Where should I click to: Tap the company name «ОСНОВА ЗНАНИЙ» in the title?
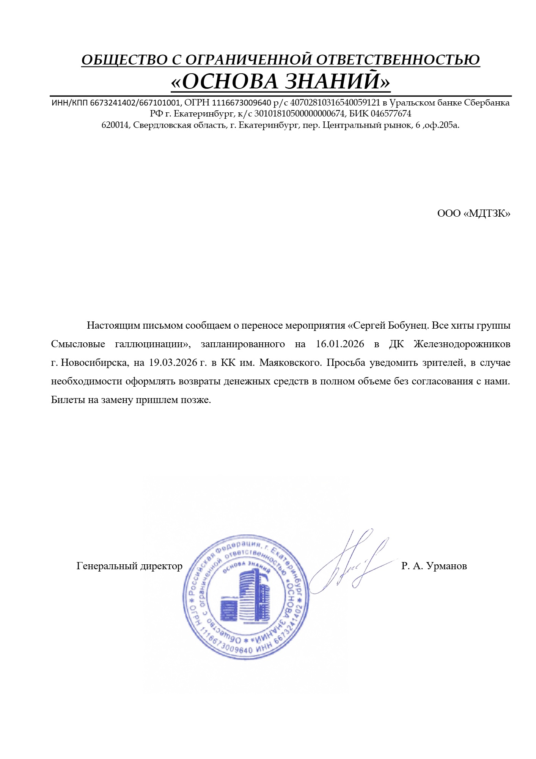pyautogui.click(x=280, y=82)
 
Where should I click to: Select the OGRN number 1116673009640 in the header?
pyautogui.click(x=242, y=103)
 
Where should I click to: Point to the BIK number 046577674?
pyautogui.click(x=391, y=114)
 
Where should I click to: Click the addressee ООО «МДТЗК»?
pyautogui.click(x=473, y=213)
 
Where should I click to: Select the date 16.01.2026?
pyautogui.click(x=340, y=344)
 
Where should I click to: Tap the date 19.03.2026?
pyautogui.click(x=173, y=363)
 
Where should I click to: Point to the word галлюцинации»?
pyautogui.click(x=152, y=344)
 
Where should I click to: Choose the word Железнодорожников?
pyautogui.click(x=462, y=344)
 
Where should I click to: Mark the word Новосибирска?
pyautogui.click(x=94, y=363)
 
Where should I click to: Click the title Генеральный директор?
pyautogui.click(x=129, y=566)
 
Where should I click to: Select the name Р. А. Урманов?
pyautogui.click(x=434, y=566)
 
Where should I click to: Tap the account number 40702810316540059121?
pyautogui.click(x=335, y=103)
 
